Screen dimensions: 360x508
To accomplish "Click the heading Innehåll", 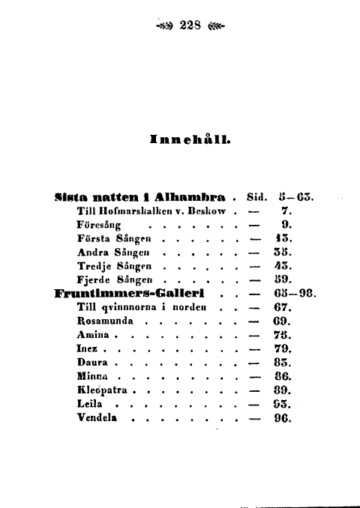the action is [190, 138].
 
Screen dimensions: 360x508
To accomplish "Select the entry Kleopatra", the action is [104, 390].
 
